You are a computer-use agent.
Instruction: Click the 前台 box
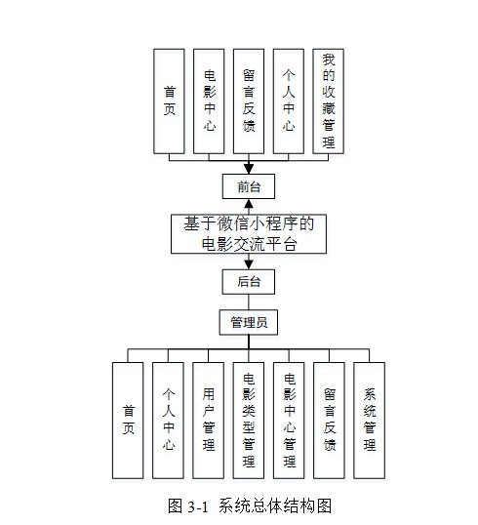[249, 186]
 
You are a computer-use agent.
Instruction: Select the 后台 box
[249, 282]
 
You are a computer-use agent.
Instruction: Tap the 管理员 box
[249, 322]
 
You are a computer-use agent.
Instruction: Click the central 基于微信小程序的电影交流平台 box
[249, 233]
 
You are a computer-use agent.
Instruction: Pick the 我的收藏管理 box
[328, 101]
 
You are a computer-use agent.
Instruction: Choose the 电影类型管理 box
[249, 421]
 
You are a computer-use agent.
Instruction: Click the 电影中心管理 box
[289, 421]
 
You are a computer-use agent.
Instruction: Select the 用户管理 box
[208, 421]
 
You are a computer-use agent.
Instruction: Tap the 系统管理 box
[369, 421]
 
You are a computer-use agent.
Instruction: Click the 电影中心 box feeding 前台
[209, 101]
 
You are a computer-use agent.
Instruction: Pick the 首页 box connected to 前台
[169, 101]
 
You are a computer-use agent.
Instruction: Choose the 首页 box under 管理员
[128, 421]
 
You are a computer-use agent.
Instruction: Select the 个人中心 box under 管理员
[168, 421]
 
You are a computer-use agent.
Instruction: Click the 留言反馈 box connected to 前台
[249, 101]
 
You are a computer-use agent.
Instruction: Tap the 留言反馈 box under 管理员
[329, 421]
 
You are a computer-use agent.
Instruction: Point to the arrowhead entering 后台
[249, 264]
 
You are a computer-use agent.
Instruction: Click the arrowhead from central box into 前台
[249, 204]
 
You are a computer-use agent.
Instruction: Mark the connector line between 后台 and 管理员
[249, 303]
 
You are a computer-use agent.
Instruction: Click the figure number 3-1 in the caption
[197, 506]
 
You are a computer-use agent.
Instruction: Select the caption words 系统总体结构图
[275, 505]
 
